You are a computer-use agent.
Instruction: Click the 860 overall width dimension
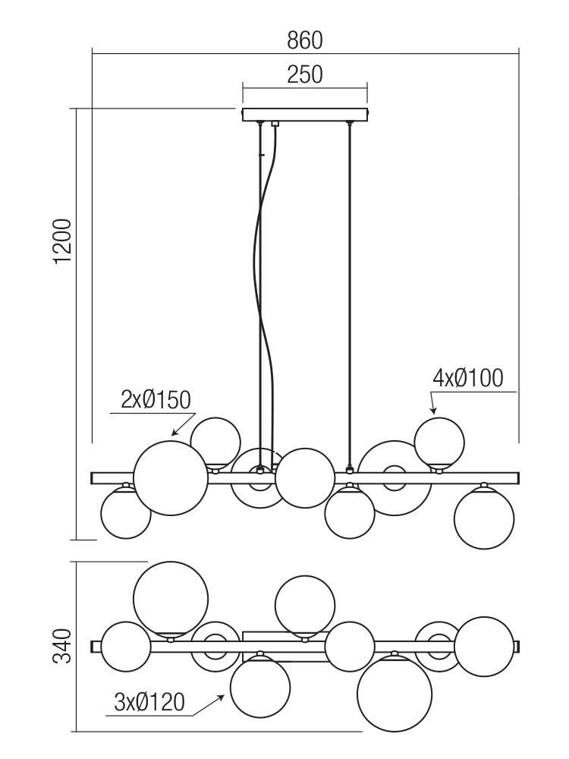[305, 41]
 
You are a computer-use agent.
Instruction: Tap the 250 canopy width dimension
[305, 74]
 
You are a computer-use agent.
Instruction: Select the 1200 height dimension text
[63, 241]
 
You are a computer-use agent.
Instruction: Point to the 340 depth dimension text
[62, 645]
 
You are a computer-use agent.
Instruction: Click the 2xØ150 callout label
[156, 400]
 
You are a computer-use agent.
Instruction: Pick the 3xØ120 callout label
[149, 702]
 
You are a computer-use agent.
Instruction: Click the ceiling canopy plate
[305, 115]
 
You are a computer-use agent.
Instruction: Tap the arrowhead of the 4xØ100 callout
[433, 411]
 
